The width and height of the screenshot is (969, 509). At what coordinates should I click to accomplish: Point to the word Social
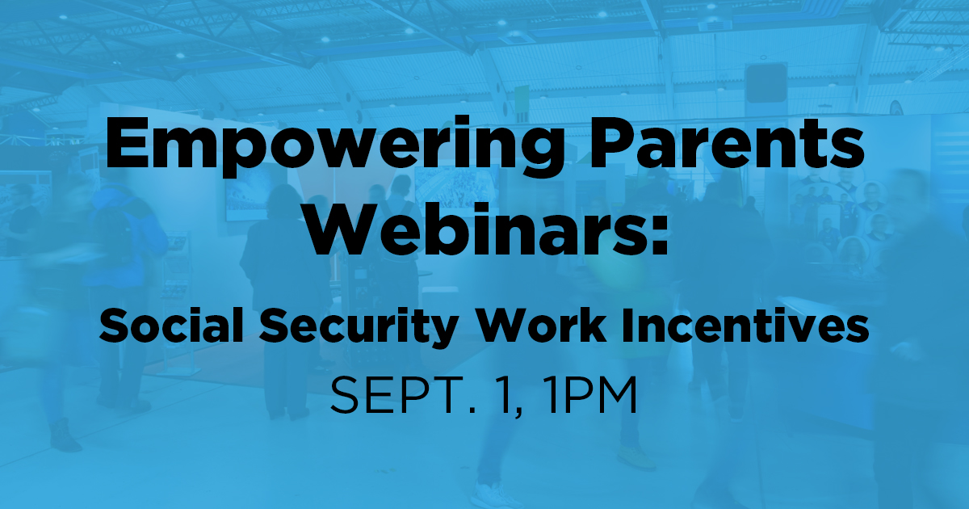coord(171,326)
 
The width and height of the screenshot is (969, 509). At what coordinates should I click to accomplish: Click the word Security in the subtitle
coord(358,329)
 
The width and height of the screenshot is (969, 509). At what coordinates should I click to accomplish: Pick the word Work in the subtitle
coord(541,326)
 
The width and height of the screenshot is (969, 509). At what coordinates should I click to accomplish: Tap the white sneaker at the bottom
coord(493,496)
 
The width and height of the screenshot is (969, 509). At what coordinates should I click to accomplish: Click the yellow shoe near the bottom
coord(636,456)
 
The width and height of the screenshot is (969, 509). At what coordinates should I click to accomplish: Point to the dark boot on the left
coord(64,435)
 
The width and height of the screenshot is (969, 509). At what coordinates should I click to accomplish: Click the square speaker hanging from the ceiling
coord(766,83)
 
